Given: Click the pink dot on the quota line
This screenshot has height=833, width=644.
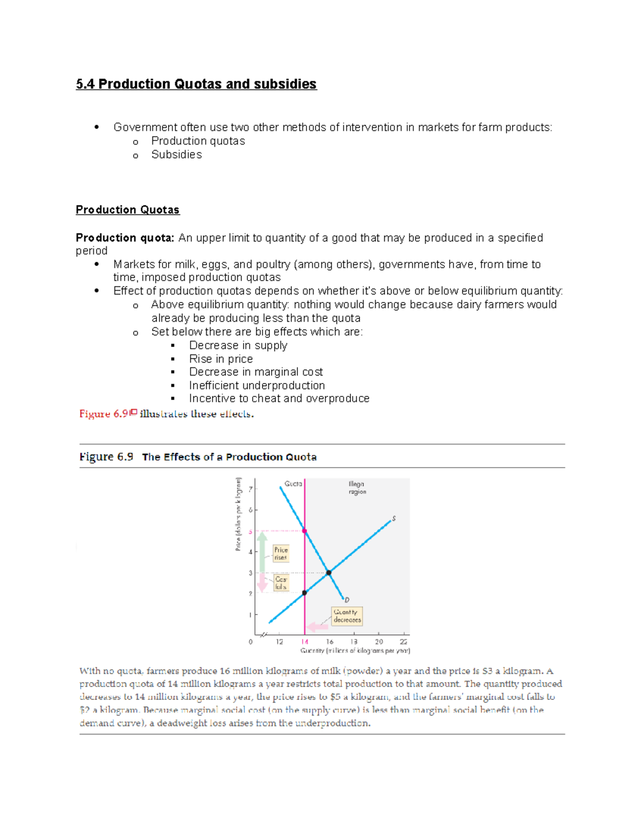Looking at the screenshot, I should pyautogui.click(x=305, y=531).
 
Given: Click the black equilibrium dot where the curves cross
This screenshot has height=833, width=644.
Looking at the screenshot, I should pyautogui.click(x=329, y=573).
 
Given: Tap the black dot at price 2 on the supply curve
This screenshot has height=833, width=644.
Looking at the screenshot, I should pyautogui.click(x=304, y=593).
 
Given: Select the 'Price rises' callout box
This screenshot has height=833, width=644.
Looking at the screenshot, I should pyautogui.click(x=281, y=554).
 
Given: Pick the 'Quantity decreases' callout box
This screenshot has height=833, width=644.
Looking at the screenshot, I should pyautogui.click(x=347, y=616).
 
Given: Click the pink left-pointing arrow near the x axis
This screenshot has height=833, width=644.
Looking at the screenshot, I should pyautogui.click(x=317, y=626).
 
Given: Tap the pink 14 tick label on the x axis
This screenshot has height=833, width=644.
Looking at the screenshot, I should pyautogui.click(x=305, y=642).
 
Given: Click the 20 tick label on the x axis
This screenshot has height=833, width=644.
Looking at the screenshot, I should pyautogui.click(x=379, y=642).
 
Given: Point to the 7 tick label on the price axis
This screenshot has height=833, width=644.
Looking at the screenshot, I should pyautogui.click(x=250, y=489).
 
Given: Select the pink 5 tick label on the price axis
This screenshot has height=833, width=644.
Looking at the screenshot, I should pyautogui.click(x=250, y=532).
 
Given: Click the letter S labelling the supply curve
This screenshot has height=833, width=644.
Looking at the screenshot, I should pyautogui.click(x=394, y=519).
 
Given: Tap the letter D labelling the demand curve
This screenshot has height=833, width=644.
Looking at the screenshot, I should pyautogui.click(x=347, y=600).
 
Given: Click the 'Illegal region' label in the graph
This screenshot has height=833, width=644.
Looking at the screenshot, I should pyautogui.click(x=357, y=488).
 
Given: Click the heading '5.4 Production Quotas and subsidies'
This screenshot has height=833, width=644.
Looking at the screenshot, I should pyautogui.click(x=196, y=84).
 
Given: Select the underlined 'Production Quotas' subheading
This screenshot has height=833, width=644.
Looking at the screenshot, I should pyautogui.click(x=127, y=210).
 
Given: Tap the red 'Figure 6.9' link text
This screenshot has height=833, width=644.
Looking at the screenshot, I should pyautogui.click(x=104, y=414).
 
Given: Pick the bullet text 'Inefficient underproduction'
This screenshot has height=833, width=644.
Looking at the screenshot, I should pyautogui.click(x=257, y=385).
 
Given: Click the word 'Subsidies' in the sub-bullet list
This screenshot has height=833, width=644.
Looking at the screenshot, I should pyautogui.click(x=177, y=154).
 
